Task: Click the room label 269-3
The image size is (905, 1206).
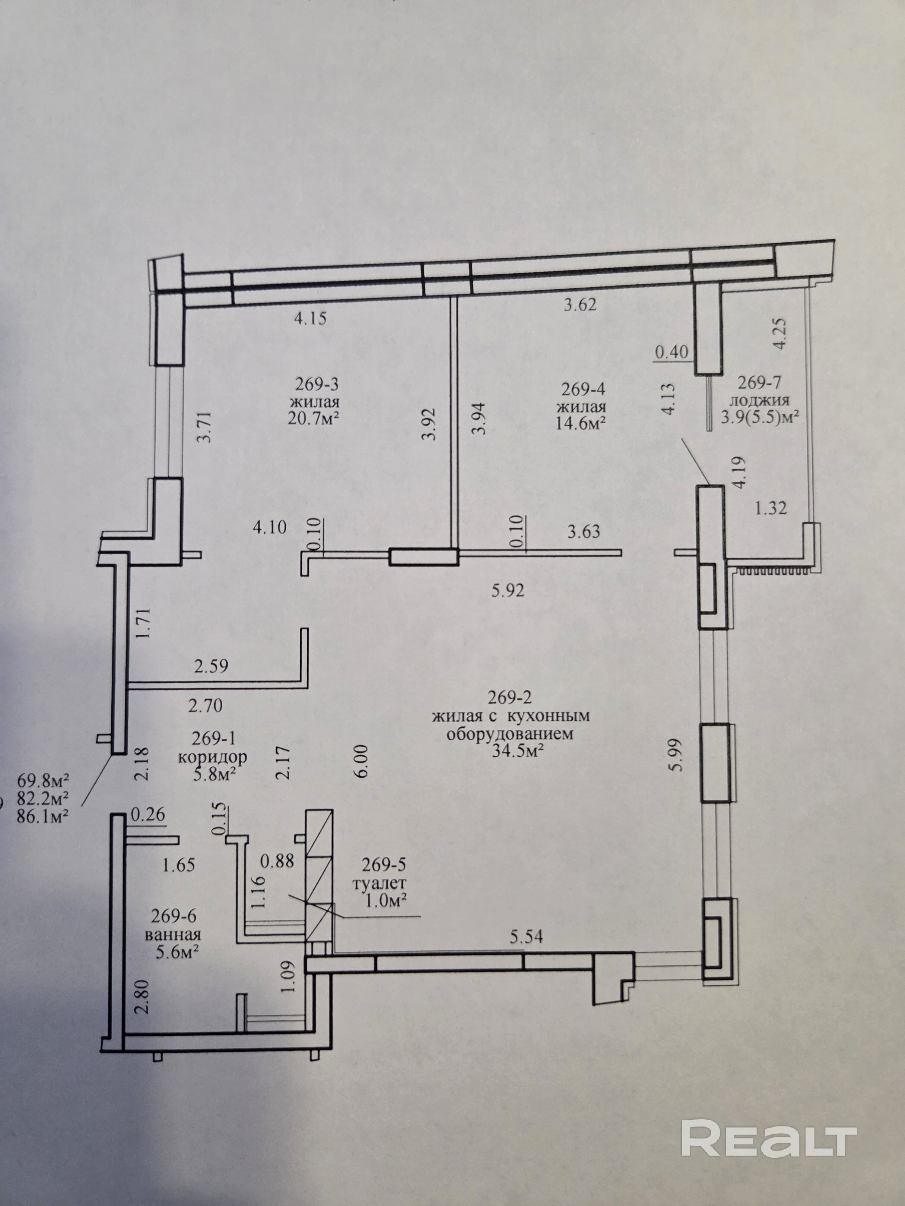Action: point(317,384)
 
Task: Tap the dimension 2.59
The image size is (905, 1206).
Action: point(211,666)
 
